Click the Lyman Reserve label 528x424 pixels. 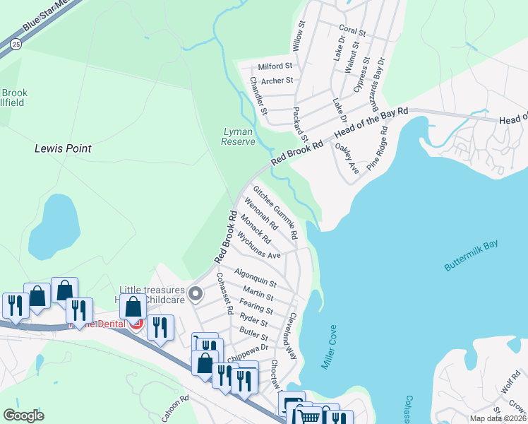point(238,136)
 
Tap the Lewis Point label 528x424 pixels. point(63,149)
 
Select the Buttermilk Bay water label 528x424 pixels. point(471,255)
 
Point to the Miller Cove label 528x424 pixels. point(329,347)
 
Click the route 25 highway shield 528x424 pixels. point(16,44)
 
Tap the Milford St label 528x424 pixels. point(275,66)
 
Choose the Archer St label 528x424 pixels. point(277,81)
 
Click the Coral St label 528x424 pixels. point(352,32)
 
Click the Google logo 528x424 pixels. point(24,415)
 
